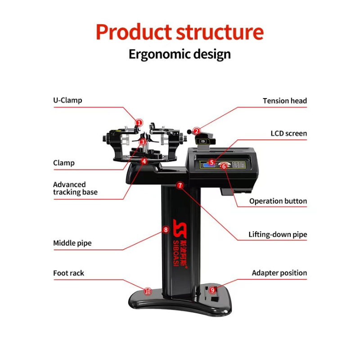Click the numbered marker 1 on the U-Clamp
tap(139, 122)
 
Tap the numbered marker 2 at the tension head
tap(197, 131)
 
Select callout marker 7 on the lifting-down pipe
tap(180, 185)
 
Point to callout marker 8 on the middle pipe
tap(166, 229)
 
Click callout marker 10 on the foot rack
tap(148, 292)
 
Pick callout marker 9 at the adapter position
tap(212, 290)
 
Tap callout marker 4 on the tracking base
tap(144, 162)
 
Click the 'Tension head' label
tap(285, 101)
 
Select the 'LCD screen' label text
tap(288, 133)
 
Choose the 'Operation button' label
tap(278, 201)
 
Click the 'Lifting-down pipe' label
tap(278, 234)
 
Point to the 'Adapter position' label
tap(279, 273)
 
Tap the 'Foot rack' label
tap(68, 273)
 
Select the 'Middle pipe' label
tap(72, 243)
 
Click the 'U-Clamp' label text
tap(67, 100)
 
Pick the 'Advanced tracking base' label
tap(75, 188)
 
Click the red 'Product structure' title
tap(180, 31)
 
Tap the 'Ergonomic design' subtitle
tap(180, 54)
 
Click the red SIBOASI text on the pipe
tap(175, 253)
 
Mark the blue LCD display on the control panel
tap(208, 164)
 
